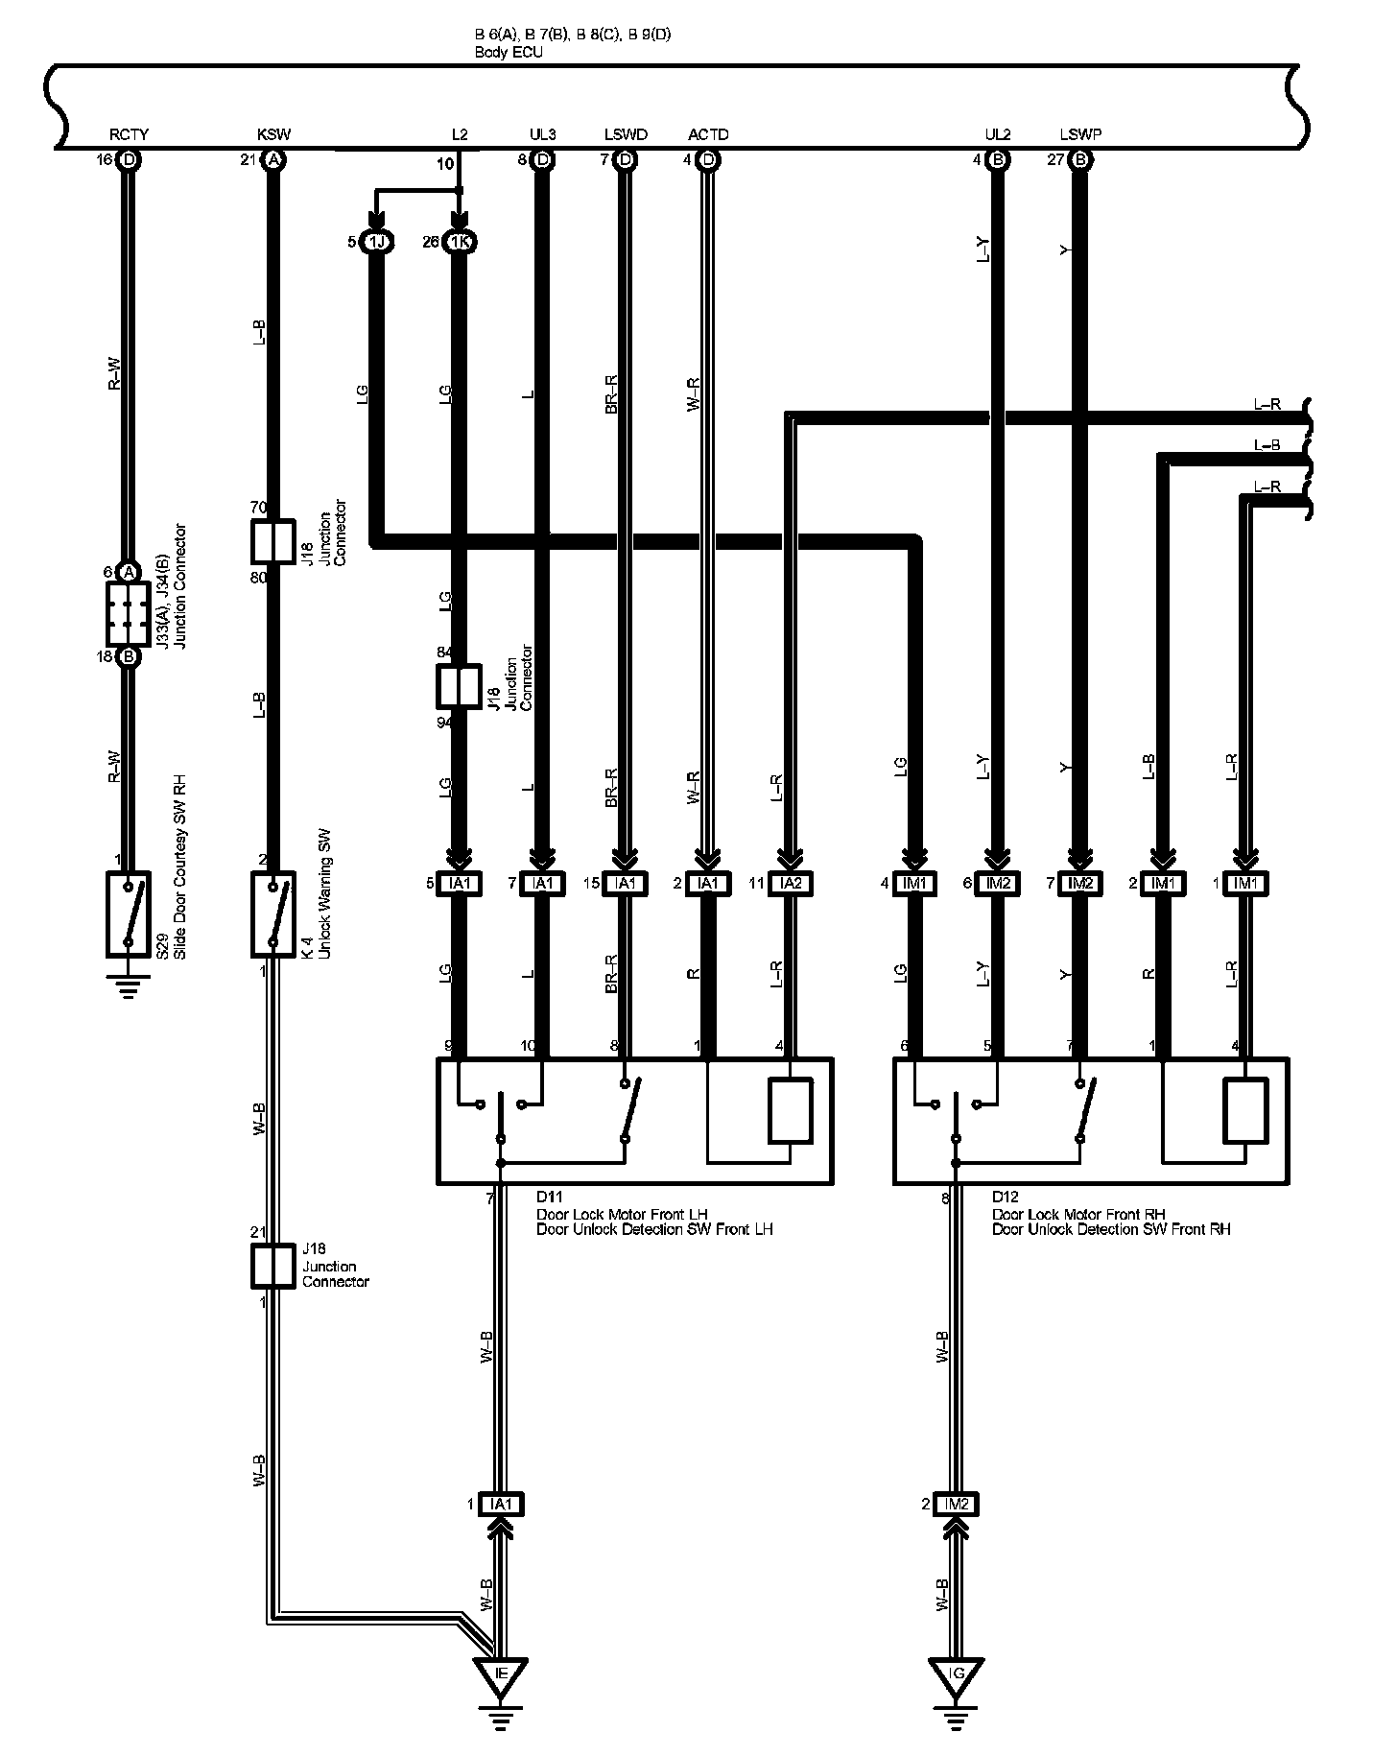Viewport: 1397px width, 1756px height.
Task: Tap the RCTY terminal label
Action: [129, 135]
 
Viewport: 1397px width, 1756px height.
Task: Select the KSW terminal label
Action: [273, 135]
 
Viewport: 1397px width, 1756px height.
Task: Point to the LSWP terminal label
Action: [1080, 135]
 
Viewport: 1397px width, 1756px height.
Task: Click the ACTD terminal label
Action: [708, 135]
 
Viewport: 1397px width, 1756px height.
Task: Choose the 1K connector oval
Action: [460, 242]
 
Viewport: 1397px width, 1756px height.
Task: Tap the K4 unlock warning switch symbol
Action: [272, 914]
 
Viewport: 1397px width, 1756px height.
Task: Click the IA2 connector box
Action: [791, 884]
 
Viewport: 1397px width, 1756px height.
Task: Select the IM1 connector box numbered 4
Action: [916, 884]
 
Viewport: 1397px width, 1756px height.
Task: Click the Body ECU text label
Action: [509, 53]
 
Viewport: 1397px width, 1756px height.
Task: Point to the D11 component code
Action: [549, 1197]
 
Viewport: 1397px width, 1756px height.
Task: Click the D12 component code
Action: [1005, 1197]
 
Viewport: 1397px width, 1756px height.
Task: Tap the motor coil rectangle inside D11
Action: [791, 1110]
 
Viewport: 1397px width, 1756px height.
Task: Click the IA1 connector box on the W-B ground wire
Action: [500, 1505]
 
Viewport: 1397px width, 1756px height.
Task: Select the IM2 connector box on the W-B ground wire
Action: [956, 1505]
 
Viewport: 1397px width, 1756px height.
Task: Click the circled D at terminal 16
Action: [129, 160]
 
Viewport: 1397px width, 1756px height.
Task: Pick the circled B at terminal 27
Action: [1080, 160]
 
